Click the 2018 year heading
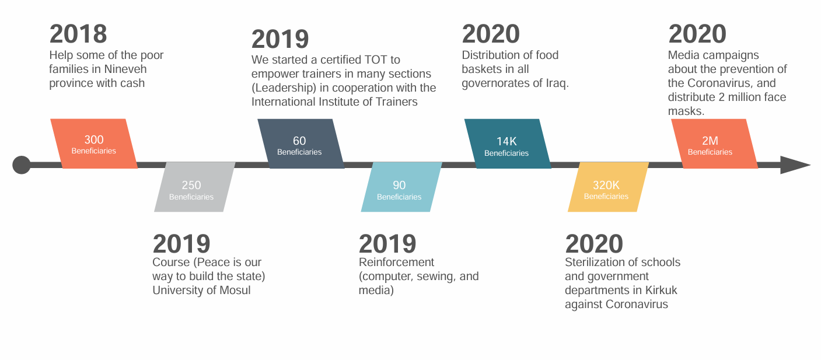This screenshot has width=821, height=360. [x=78, y=34]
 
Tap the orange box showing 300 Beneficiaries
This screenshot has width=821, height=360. [x=94, y=144]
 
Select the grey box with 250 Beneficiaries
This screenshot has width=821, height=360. [x=195, y=187]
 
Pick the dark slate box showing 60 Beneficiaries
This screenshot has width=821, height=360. [x=301, y=144]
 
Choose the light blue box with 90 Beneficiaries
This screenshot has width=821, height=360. [x=401, y=187]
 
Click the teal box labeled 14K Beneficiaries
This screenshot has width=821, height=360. [x=508, y=144]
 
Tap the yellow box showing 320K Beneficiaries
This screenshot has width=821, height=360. [x=609, y=187]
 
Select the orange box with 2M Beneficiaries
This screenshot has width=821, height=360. [x=715, y=144]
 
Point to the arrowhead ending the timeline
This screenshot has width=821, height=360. [x=795, y=165]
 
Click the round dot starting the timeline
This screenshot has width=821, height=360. [x=22, y=165]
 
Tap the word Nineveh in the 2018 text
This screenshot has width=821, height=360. [x=125, y=69]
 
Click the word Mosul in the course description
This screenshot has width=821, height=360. [x=235, y=290]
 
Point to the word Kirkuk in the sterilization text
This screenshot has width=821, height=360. [x=661, y=290]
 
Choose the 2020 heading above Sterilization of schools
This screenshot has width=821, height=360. [x=594, y=244]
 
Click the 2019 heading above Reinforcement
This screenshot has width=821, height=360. [x=387, y=244]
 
